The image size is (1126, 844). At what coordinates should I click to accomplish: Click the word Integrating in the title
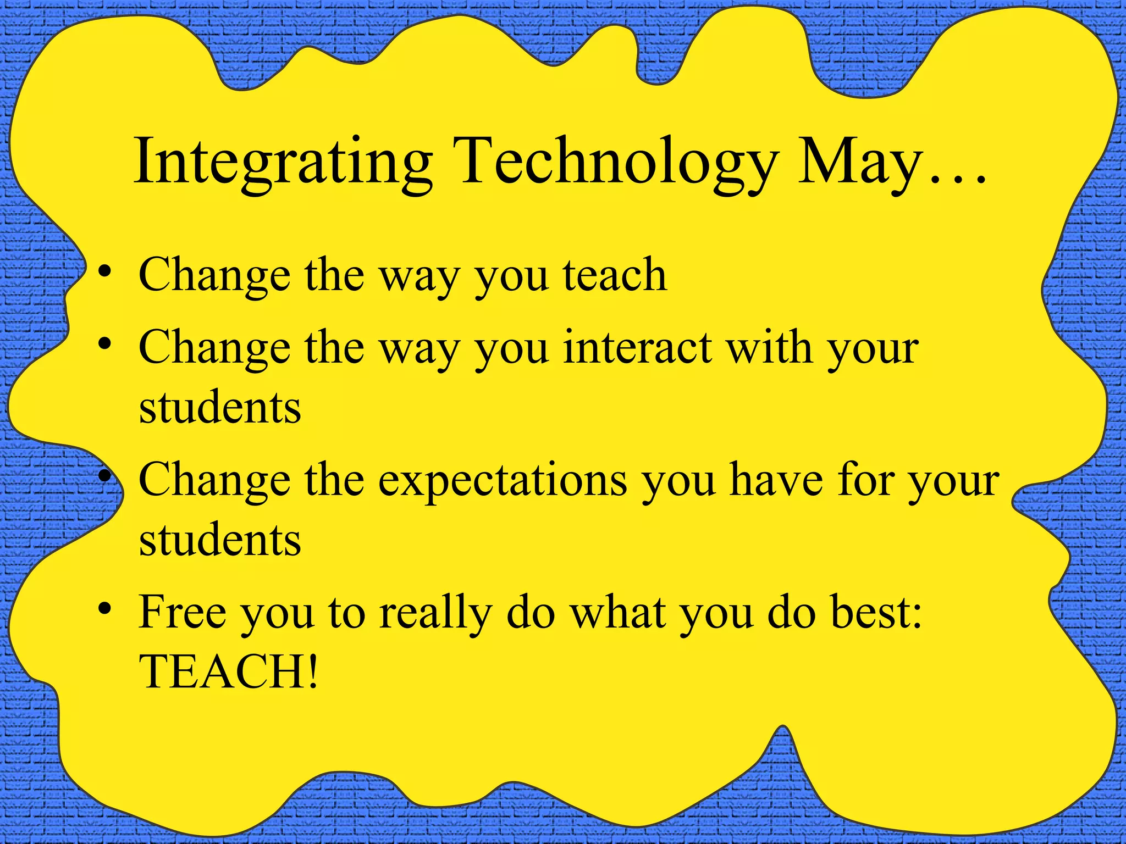point(283,163)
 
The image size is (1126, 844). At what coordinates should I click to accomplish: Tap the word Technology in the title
point(615,163)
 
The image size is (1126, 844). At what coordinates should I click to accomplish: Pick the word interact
point(638,348)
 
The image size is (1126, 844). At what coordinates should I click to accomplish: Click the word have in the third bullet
point(775,479)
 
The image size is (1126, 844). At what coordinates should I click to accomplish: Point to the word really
point(435,613)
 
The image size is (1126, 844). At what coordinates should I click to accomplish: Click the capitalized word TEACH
point(220,671)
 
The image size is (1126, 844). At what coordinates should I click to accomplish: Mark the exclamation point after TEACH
point(312,671)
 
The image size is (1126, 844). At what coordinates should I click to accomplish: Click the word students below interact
point(220,408)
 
